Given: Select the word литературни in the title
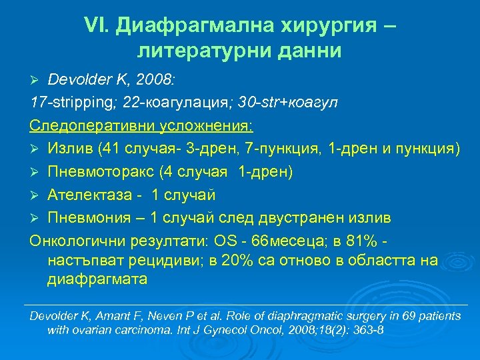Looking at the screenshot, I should point(189,50).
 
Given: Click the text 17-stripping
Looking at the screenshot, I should point(64,103).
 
